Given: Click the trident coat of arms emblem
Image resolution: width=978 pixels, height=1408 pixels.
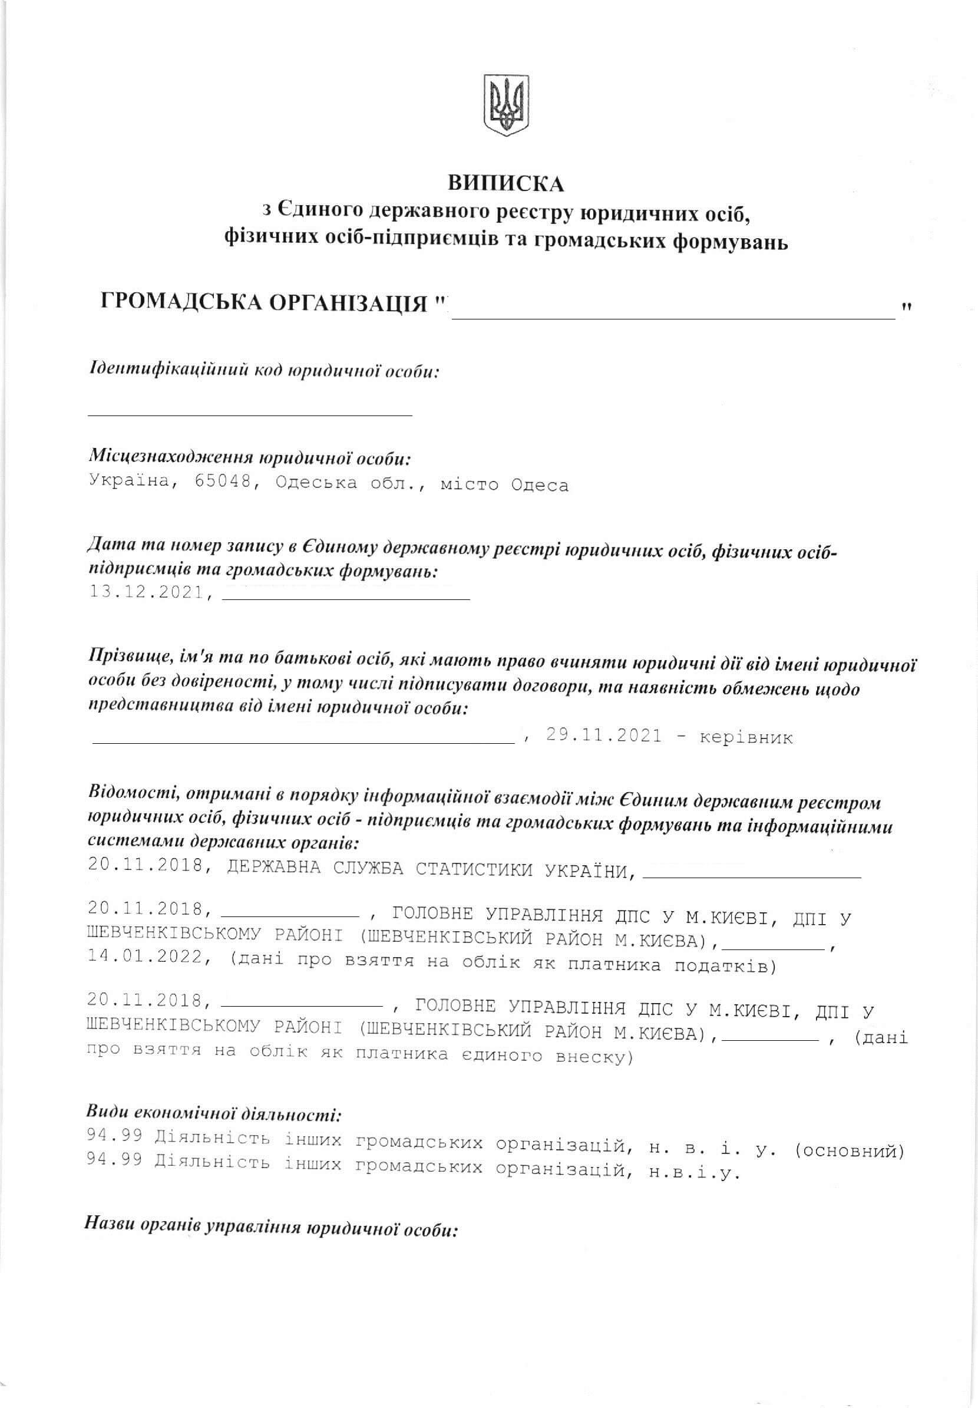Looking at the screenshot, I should [x=506, y=105].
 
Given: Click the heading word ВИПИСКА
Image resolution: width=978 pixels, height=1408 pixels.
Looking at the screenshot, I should [x=505, y=183].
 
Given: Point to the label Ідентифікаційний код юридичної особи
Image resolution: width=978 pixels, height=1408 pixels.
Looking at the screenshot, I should [x=264, y=371].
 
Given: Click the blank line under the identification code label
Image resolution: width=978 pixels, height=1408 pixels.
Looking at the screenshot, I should [x=249, y=414].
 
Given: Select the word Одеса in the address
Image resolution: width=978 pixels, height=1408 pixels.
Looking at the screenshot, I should [x=539, y=486].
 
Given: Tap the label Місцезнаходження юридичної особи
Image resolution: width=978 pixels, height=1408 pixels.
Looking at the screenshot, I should [x=249, y=457].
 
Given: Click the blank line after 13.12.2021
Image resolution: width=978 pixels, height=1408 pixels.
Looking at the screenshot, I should [x=346, y=598].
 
